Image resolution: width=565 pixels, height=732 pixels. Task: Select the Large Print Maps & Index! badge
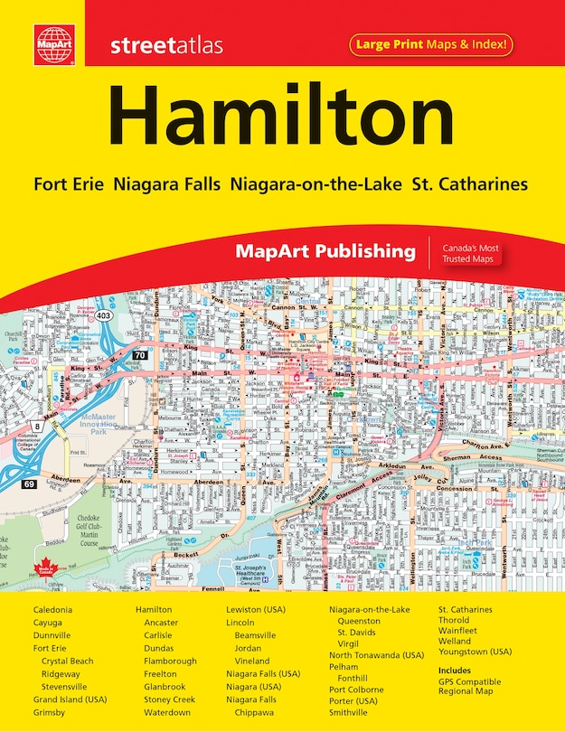pos(430,42)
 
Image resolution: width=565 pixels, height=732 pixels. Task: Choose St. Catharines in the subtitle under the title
pos(469,183)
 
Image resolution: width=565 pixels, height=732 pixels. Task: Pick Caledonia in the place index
pos(53,610)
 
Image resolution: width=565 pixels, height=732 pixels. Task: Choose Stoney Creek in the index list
pos(169,699)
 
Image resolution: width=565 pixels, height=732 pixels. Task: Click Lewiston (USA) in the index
pos(256,610)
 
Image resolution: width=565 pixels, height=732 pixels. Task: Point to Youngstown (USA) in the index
pos(476,651)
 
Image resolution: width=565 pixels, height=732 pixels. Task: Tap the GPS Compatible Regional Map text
pos(469,687)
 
